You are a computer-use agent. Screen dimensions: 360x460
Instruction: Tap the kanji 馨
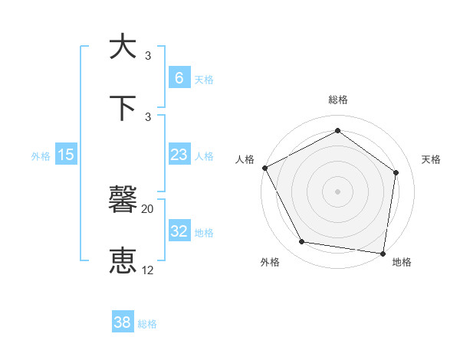point(123,201)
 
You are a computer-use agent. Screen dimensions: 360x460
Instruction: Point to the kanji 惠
point(123,261)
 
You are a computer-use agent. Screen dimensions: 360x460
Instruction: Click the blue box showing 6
point(179,77)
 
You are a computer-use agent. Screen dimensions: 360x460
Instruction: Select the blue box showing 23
point(179,155)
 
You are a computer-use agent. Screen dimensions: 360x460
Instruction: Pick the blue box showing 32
point(179,231)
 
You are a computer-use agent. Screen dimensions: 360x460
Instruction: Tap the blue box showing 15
point(66,155)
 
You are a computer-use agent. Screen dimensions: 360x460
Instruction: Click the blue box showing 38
point(122,323)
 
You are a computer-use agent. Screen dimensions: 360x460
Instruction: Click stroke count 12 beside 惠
point(148,270)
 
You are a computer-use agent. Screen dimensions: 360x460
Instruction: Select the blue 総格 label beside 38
point(147,324)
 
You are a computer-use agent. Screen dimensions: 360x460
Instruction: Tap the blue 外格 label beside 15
point(41,155)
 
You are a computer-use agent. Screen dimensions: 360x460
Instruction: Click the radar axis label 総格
point(337,100)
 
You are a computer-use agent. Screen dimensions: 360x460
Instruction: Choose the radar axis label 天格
point(432,159)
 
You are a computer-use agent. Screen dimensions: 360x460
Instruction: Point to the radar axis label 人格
point(245,159)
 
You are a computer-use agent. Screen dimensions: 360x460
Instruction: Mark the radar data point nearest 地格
point(383,252)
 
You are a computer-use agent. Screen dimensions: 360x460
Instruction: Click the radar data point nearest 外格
point(302,242)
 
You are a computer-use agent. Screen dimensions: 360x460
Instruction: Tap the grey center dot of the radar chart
point(337,191)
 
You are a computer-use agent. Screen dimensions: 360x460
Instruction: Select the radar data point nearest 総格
point(337,131)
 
